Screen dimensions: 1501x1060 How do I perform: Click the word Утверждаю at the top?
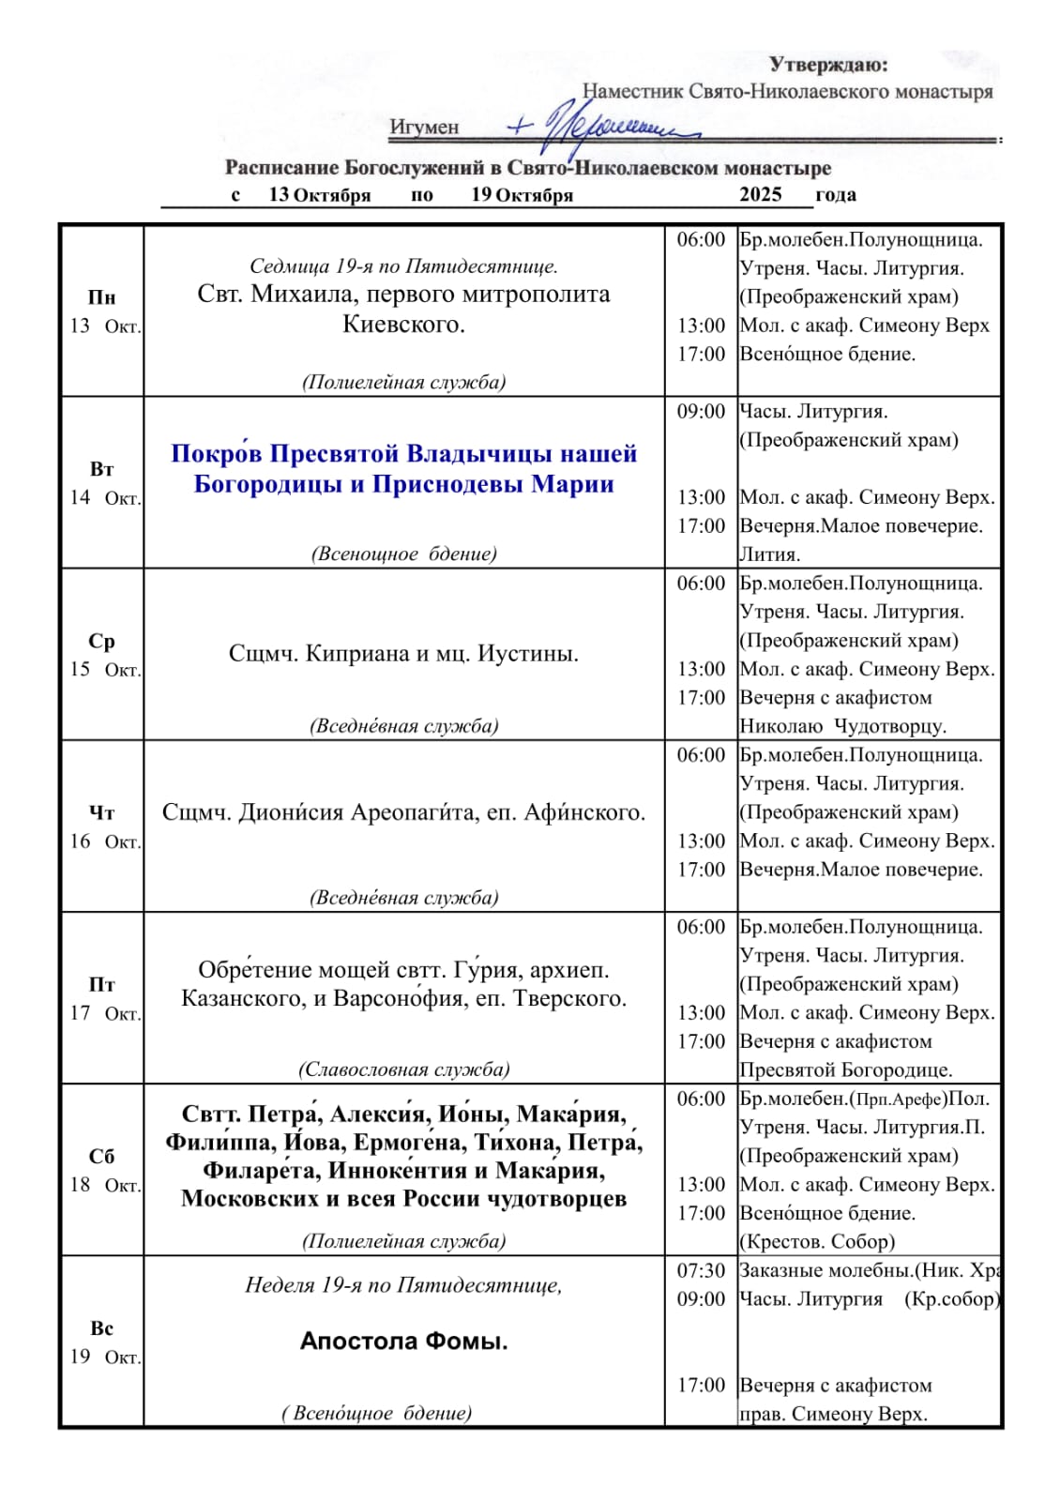tap(827, 65)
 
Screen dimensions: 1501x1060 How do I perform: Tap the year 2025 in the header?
tap(760, 194)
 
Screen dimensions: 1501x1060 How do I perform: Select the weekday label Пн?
tap(101, 297)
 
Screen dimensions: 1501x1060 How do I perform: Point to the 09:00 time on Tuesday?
tap(701, 412)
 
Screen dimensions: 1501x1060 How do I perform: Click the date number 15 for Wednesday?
tap(80, 670)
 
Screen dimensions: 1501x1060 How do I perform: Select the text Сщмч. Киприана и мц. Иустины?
tap(403, 653)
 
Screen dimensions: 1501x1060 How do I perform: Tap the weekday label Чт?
tap(101, 812)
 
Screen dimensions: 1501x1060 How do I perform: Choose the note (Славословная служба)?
tap(403, 1069)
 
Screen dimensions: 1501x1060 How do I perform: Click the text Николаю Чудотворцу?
tap(842, 726)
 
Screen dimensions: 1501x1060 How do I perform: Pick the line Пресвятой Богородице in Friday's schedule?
tap(845, 1070)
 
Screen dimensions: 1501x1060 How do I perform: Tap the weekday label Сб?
tap(101, 1156)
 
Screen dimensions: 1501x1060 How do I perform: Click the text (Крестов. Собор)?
tap(816, 1242)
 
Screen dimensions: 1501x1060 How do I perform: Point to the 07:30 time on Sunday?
tap(701, 1271)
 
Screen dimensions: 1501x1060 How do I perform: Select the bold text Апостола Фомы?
tap(403, 1342)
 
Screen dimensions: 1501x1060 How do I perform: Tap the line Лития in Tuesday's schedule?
tap(769, 554)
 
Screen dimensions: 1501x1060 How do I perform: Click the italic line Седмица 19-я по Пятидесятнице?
tap(403, 266)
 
